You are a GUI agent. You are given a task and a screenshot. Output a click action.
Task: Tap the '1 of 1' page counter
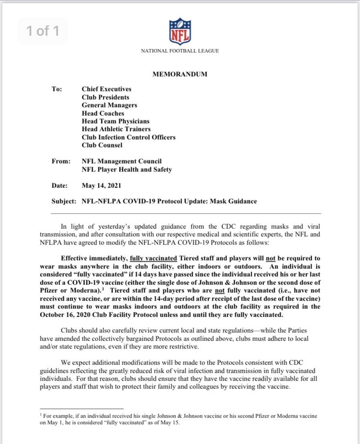pyautogui.click(x=43, y=31)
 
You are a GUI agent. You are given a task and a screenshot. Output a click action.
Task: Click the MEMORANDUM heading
pyautogui.click(x=180, y=74)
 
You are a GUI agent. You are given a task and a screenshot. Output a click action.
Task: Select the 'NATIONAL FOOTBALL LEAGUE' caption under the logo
pyautogui.click(x=180, y=51)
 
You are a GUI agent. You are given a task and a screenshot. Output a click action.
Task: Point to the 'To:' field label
pyautogui.click(x=57, y=89)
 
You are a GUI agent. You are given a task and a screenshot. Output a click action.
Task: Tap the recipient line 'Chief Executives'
pyautogui.click(x=107, y=89)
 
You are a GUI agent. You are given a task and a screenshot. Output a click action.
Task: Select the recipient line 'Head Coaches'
pyautogui.click(x=103, y=114)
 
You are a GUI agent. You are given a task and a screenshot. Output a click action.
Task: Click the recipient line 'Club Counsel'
pyautogui.click(x=102, y=145)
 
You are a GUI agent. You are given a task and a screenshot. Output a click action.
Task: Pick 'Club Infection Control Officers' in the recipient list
pyautogui.click(x=129, y=137)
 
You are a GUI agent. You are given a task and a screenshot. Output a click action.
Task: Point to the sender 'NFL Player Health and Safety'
pyautogui.click(x=127, y=170)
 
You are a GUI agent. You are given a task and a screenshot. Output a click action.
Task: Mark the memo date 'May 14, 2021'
pyautogui.click(x=101, y=186)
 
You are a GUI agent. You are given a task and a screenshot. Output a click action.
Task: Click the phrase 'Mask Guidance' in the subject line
pyautogui.click(x=235, y=201)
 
